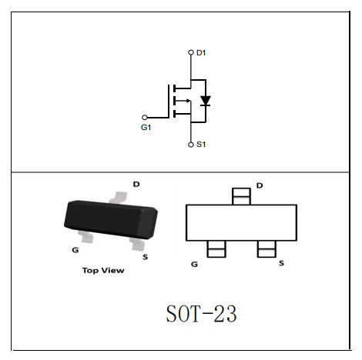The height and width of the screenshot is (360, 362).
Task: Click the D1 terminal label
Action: tap(201, 53)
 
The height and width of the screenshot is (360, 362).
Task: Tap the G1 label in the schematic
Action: tap(146, 127)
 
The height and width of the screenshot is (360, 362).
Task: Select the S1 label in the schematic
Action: tap(201, 145)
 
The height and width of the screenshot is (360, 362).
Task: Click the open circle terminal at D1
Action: tap(191, 52)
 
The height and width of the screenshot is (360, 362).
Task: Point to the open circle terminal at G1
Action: tap(145, 118)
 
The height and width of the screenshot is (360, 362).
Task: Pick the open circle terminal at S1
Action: tap(191, 145)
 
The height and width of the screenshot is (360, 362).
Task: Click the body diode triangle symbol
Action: tap(206, 101)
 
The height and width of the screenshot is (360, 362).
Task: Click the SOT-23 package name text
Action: tap(201, 314)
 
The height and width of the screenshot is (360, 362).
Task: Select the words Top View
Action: tap(103, 271)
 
